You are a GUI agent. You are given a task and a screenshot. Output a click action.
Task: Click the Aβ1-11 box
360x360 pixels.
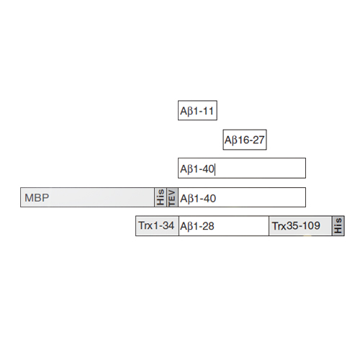[197, 110]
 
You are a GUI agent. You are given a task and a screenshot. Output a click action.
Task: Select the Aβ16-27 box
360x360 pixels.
[245, 140]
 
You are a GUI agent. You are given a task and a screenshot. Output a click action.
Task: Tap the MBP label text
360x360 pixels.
[37, 198]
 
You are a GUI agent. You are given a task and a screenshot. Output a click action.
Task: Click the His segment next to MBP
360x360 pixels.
[161, 197]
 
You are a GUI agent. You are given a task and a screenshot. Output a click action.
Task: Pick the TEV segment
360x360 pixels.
[172, 197]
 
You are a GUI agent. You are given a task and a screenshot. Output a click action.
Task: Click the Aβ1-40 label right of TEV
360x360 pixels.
[198, 199]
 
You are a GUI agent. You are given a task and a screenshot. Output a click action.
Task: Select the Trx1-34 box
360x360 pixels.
[157, 226]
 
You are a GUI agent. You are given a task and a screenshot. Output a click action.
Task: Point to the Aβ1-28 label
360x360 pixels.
[197, 226]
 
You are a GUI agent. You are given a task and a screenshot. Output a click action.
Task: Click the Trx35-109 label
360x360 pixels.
[296, 226]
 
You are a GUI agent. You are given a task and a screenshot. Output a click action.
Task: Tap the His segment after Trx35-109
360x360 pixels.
[338, 226]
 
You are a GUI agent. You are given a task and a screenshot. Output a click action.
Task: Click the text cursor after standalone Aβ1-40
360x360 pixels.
[215, 169]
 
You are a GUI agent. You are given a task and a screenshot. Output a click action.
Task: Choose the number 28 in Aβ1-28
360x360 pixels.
[208, 226]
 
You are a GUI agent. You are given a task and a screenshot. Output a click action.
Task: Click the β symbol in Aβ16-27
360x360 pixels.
[235, 140]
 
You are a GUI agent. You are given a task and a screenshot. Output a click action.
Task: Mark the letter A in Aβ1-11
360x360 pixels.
[184, 111]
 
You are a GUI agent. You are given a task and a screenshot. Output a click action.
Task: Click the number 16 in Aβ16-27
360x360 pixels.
[243, 140]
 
